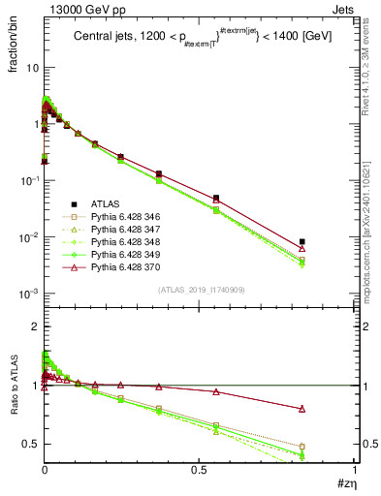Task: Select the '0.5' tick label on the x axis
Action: tap(199, 468)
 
